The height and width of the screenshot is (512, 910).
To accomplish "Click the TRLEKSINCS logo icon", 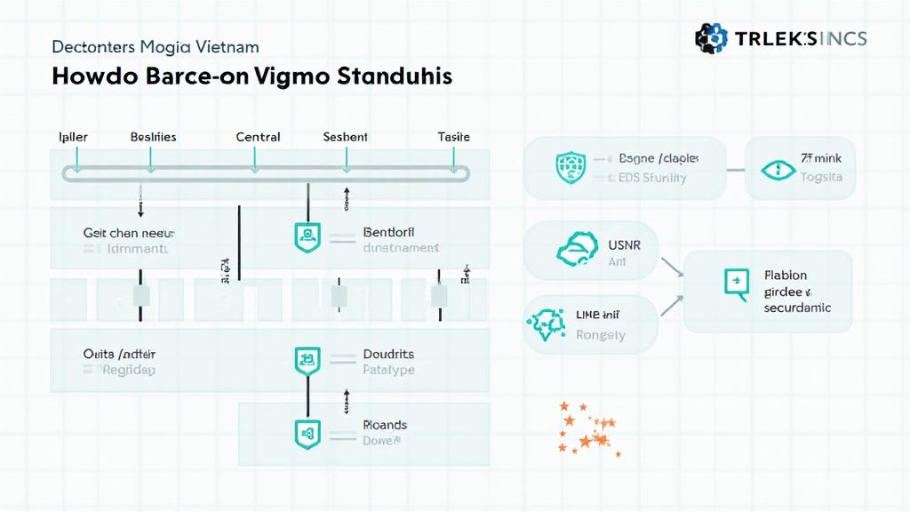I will [x=711, y=38].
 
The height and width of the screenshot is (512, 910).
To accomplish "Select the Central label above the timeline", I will [x=258, y=137].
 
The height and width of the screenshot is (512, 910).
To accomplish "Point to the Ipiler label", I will [x=73, y=137].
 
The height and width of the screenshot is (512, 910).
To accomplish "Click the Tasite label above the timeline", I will [x=453, y=137].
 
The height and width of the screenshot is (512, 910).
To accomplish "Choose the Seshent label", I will [x=345, y=137].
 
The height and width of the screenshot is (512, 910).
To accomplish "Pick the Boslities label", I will [x=153, y=137].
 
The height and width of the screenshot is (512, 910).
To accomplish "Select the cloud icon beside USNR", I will [x=572, y=251].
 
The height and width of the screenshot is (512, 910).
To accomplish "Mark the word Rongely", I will [x=601, y=335].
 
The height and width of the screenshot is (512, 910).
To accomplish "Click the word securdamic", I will [x=797, y=308].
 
